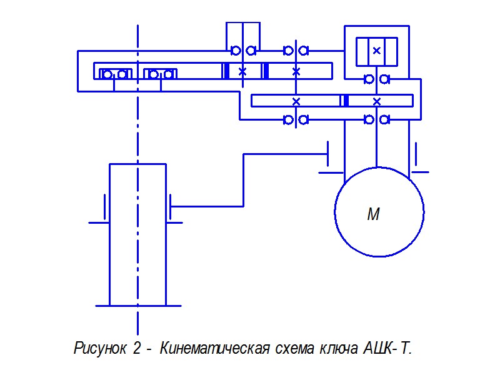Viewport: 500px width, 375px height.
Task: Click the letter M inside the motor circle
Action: [x=373, y=214]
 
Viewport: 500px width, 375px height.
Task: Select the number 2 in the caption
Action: [x=137, y=347]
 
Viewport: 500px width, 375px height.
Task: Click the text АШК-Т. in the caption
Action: [x=387, y=347]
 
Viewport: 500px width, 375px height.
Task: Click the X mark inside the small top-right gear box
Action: [x=376, y=51]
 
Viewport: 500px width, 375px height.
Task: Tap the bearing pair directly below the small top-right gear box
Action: [x=376, y=79]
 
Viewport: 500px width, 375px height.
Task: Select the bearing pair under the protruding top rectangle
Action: [x=242, y=50]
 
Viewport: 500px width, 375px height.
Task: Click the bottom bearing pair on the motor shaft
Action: [x=376, y=119]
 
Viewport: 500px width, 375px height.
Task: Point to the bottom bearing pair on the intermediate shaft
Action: [x=296, y=119]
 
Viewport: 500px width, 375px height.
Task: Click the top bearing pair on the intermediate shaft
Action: [x=296, y=50]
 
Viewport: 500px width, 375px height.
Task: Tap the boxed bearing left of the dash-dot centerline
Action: [x=115, y=74]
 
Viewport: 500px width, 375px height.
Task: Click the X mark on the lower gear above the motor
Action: [x=376, y=101]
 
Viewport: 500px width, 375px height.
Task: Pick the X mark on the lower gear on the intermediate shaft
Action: [x=296, y=101]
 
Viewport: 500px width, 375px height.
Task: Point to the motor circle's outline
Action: [x=335, y=212]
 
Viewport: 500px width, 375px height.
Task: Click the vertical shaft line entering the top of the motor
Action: [x=376, y=147]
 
